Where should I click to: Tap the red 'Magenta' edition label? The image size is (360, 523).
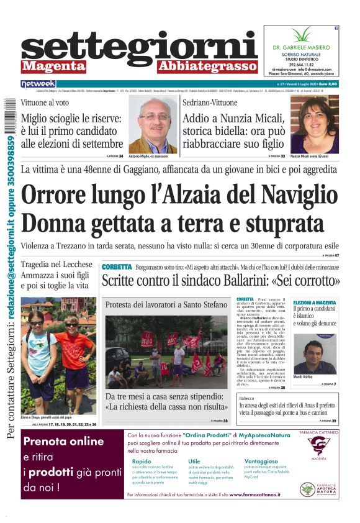pyautogui.click(x=53, y=66)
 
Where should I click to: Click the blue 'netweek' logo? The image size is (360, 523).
pyautogui.click(x=38, y=83)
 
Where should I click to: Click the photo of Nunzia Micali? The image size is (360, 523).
pyautogui.click(x=315, y=124)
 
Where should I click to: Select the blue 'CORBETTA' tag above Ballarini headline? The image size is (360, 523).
pyautogui.click(x=117, y=266)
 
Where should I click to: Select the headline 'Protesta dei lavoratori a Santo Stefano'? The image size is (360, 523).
pyautogui.click(x=166, y=305)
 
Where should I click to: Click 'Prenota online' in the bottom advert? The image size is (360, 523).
pyautogui.click(x=63, y=442)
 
